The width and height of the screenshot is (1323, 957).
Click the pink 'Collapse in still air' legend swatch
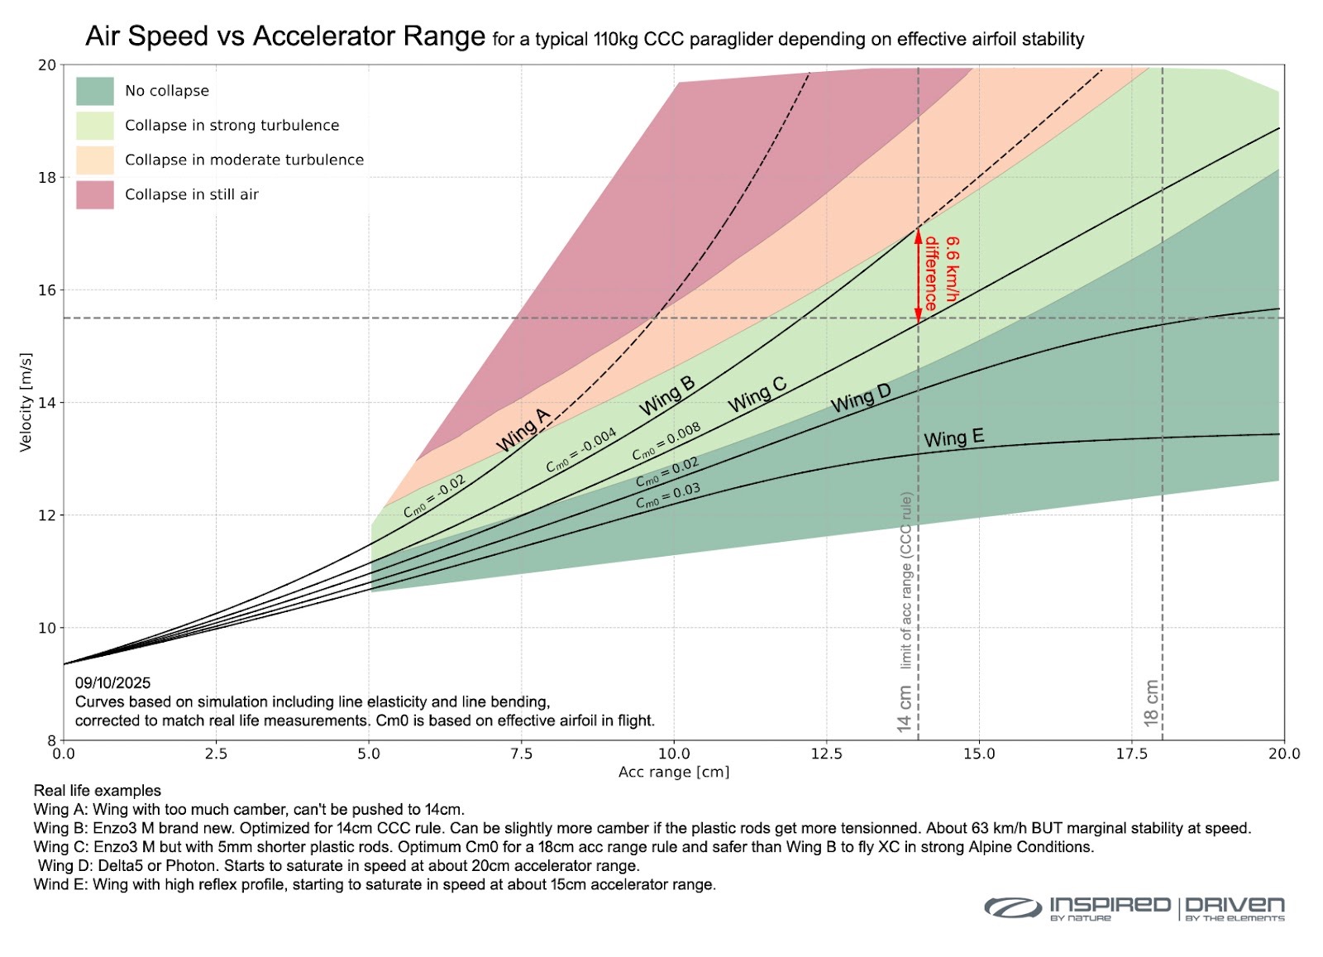94,195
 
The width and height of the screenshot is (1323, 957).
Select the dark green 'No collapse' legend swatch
94,91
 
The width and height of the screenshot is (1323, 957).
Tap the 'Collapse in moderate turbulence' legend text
244,160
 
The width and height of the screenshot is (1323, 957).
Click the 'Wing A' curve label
523,430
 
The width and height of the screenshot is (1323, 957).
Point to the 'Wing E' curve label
953,438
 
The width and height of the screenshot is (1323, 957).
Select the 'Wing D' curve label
861,399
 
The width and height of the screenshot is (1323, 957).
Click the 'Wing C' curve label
757,395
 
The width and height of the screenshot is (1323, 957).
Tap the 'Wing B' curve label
667,395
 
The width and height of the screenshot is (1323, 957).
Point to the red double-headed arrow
918,275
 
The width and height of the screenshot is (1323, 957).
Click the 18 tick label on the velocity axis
47,178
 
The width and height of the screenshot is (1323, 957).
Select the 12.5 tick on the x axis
827,754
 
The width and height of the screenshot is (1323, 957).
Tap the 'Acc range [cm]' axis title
674,772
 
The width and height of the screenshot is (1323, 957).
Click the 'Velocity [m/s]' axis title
26,402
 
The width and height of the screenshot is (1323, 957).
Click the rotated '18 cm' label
1151,703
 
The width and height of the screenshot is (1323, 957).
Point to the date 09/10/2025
113,682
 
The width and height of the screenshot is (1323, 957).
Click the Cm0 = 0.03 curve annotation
667,495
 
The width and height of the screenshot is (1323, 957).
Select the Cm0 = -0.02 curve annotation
434,496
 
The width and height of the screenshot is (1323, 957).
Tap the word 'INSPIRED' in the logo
1110,904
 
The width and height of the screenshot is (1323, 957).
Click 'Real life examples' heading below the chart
98,791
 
